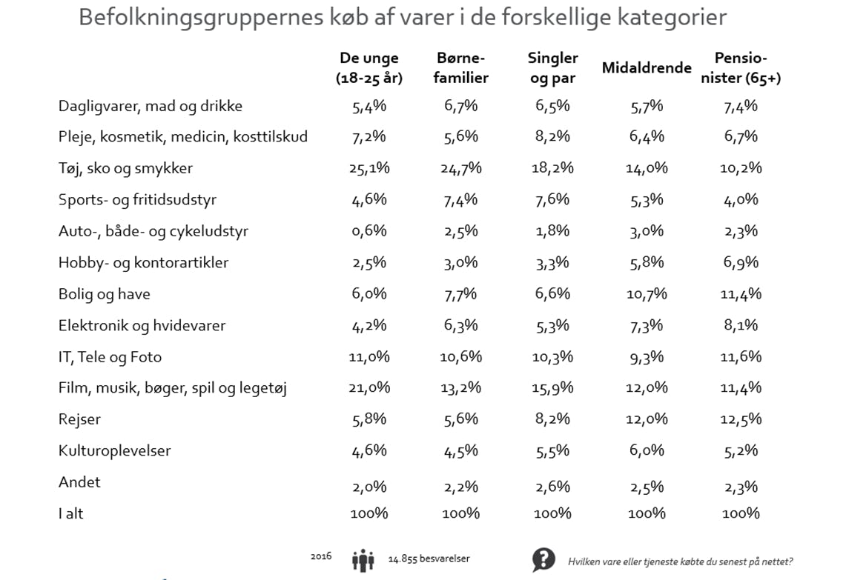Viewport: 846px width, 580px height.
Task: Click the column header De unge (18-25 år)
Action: point(369,67)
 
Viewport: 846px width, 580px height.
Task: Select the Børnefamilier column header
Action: point(461,67)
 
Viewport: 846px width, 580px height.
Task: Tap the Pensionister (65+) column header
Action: point(741,67)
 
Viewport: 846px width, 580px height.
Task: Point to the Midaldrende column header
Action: point(647,68)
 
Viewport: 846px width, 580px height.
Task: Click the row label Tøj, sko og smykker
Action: point(125,168)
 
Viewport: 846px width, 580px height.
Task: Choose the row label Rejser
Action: point(79,419)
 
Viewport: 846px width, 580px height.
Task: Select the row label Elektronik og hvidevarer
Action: point(142,325)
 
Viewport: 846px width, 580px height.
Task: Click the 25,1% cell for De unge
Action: point(369,168)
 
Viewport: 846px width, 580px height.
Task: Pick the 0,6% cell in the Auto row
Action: point(369,231)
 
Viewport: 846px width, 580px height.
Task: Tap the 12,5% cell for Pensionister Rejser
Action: point(741,419)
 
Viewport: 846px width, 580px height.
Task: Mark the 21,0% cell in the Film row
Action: point(369,387)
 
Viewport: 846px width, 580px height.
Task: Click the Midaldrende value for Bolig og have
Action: point(647,294)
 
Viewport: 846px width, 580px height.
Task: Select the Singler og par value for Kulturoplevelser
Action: point(553,450)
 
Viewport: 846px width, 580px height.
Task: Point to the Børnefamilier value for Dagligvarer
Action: point(461,106)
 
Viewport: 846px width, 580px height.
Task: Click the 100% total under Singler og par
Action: point(553,513)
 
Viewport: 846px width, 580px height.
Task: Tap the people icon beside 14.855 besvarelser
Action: point(363,560)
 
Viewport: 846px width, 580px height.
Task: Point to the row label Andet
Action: point(79,482)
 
